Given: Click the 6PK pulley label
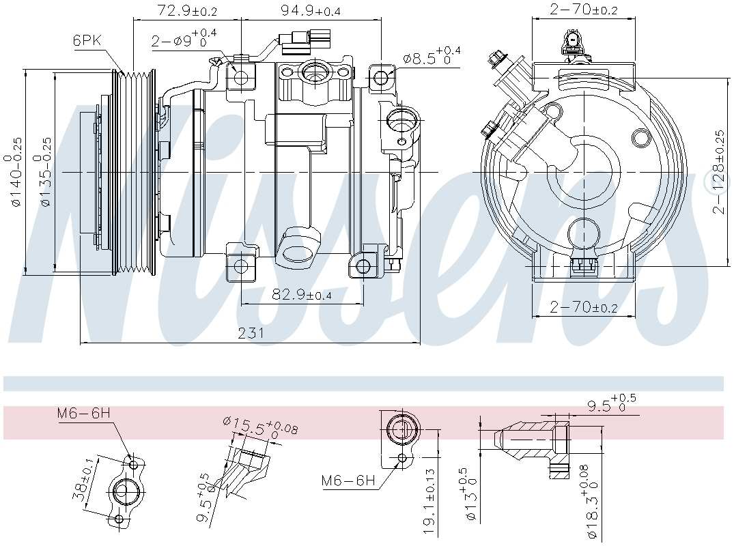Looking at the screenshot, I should [87, 40].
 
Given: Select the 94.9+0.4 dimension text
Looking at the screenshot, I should [311, 10].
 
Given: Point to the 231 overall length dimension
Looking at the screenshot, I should [251, 333].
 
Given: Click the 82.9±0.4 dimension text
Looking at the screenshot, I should [302, 295].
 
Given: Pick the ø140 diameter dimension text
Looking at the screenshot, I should [17, 171].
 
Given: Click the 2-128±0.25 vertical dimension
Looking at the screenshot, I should [718, 171].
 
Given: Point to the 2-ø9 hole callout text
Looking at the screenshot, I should [183, 39].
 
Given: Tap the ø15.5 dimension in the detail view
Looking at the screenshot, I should [259, 427].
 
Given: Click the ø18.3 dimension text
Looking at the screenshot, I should [592, 505].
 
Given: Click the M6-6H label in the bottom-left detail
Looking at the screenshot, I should [83, 412].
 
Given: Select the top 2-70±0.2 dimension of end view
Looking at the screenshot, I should [584, 10].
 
